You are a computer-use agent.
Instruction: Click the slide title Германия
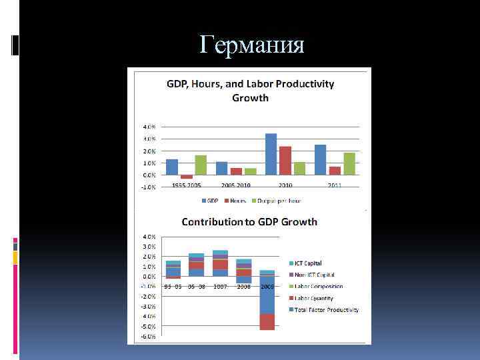(252, 45)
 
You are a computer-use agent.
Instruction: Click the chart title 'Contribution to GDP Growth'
(250, 222)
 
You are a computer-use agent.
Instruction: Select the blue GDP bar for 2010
(271, 154)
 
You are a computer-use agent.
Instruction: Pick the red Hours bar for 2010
(285, 161)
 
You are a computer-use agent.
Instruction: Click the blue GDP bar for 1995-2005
(172, 167)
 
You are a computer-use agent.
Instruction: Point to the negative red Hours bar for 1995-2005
(187, 177)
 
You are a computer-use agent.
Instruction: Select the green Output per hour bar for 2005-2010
(250, 171)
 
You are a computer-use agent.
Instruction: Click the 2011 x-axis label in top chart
(334, 185)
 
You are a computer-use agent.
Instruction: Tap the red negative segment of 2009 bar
(267, 321)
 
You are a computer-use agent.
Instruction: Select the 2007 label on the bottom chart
(220, 286)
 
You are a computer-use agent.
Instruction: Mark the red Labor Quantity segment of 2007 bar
(220, 265)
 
